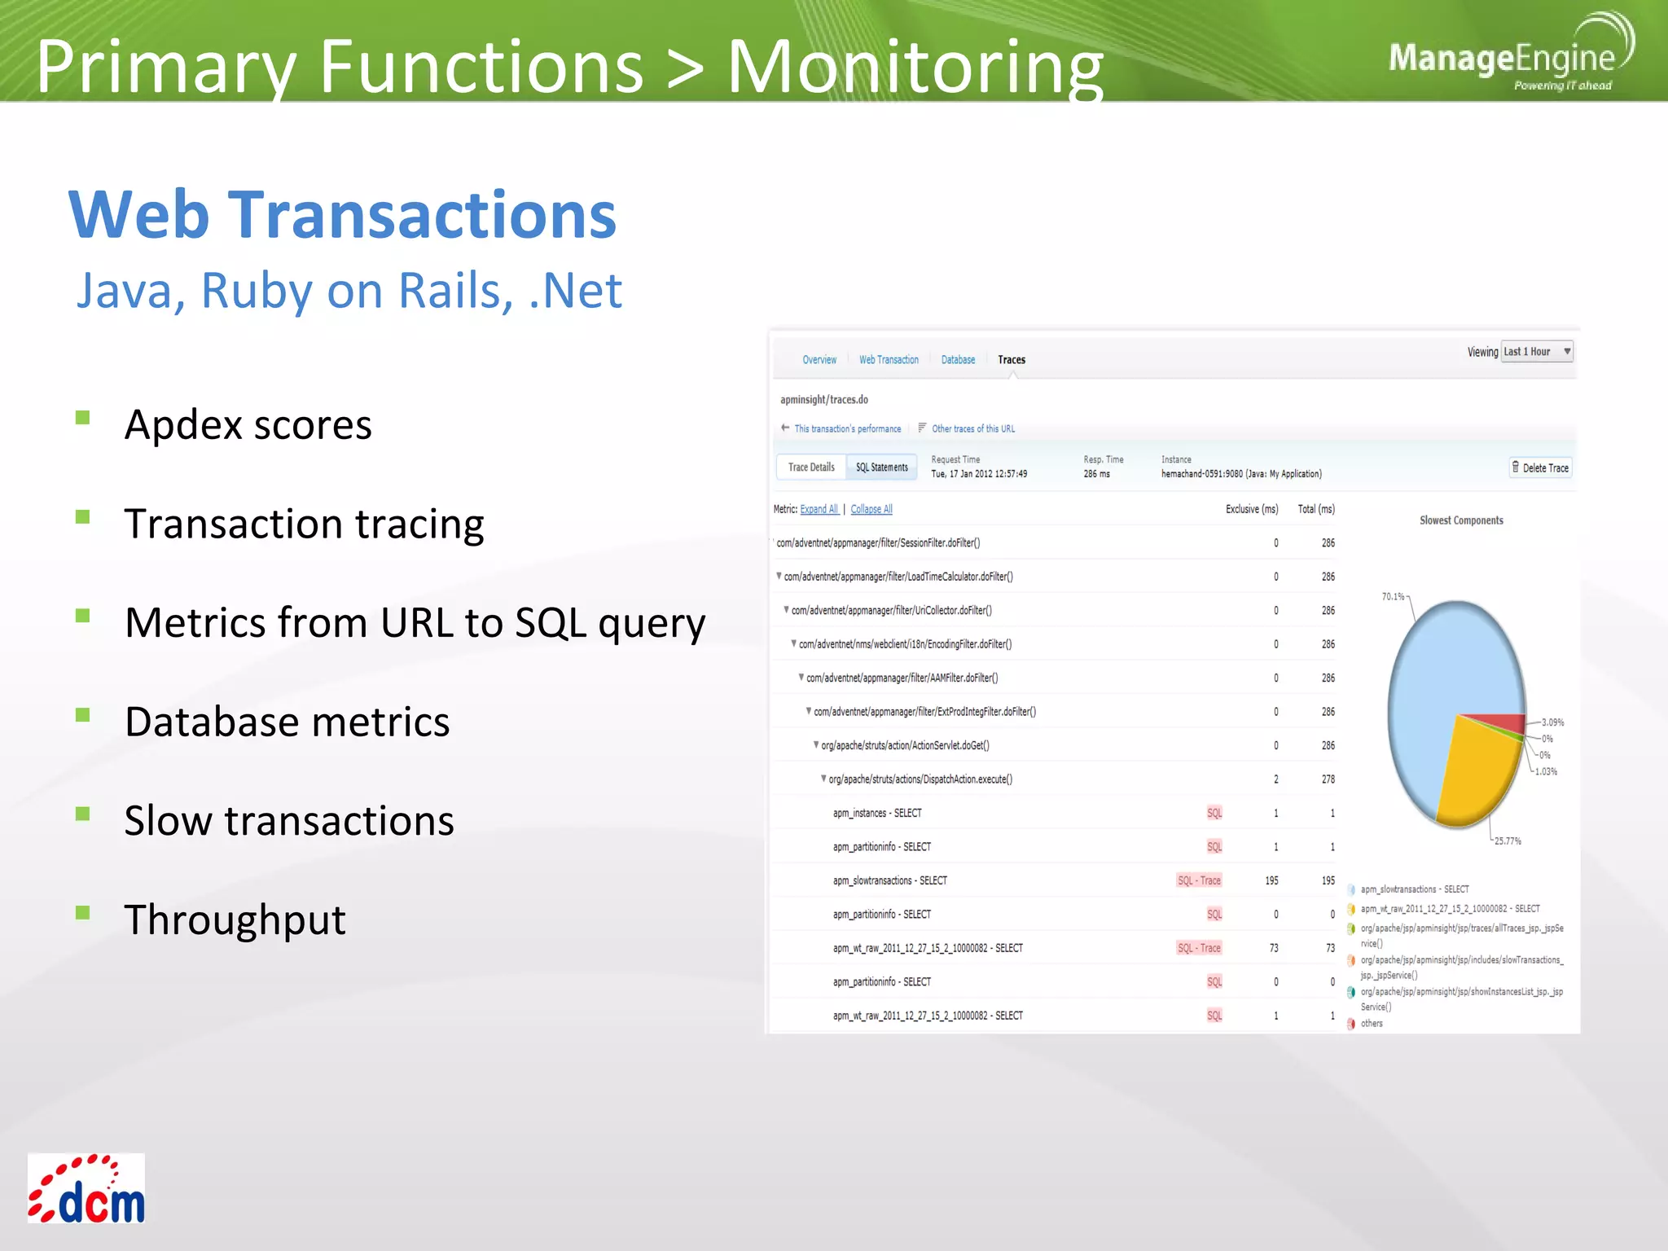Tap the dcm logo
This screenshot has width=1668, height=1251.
pyautogui.click(x=86, y=1188)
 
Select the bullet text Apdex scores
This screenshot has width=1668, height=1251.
pyautogui.click(x=248, y=424)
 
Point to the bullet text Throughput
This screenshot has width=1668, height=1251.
pyautogui.click(x=235, y=920)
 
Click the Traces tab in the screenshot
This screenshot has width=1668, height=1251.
pyautogui.click(x=1011, y=360)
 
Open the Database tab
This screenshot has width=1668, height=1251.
pyautogui.click(x=958, y=360)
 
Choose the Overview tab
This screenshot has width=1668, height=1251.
pyautogui.click(x=819, y=360)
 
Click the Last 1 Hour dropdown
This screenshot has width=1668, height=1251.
pyautogui.click(x=1536, y=352)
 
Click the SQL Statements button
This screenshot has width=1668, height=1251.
pyautogui.click(x=881, y=467)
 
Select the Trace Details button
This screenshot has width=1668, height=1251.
pyautogui.click(x=811, y=467)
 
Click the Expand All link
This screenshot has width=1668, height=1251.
pyautogui.click(x=819, y=509)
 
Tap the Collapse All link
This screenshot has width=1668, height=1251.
pyautogui.click(x=871, y=509)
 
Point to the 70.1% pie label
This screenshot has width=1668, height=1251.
pyautogui.click(x=1393, y=597)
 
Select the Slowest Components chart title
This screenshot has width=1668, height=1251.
pyautogui.click(x=1461, y=520)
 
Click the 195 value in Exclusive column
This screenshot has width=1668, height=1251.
pyautogui.click(x=1271, y=880)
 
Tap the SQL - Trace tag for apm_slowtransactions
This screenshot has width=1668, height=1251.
pyautogui.click(x=1199, y=880)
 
